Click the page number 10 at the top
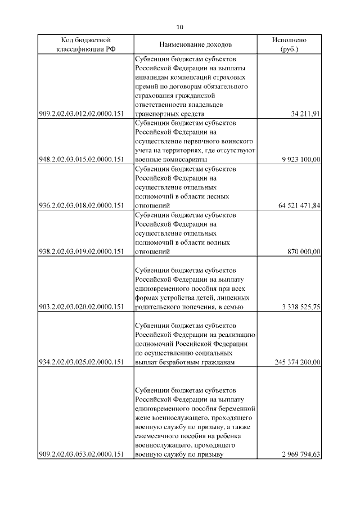[x=180, y=27]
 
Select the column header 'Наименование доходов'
[x=195, y=44]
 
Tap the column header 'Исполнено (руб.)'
[x=289, y=44]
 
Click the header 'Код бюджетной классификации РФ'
[x=85, y=44]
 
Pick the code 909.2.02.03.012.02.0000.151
[x=81, y=114]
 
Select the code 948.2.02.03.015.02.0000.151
[x=81, y=160]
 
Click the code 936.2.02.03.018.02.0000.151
[x=81, y=206]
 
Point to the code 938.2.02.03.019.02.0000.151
[x=81, y=252]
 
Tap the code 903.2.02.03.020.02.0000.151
[x=81, y=307]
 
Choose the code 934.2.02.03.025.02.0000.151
[x=81, y=362]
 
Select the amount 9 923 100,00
[x=301, y=160]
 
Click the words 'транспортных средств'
[x=169, y=114]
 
